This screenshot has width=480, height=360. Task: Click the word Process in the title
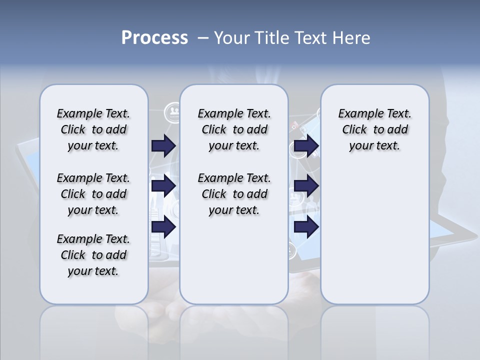point(154,38)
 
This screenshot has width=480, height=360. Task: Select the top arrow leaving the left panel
point(163,145)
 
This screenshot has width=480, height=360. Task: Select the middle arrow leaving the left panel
point(163,186)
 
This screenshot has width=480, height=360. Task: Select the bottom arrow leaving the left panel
point(163,227)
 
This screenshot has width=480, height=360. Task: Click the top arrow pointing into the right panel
point(306,145)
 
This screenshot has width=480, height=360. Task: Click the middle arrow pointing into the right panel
point(306,186)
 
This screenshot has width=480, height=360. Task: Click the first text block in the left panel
point(93,129)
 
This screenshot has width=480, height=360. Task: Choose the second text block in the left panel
point(93,194)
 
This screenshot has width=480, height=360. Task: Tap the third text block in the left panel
point(93,255)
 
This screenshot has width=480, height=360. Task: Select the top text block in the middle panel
point(234,129)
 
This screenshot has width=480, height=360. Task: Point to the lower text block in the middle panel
point(234,194)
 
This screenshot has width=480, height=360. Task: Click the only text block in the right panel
point(374,129)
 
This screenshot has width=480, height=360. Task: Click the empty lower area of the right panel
point(374,240)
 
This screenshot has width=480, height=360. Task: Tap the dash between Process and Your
point(203,38)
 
